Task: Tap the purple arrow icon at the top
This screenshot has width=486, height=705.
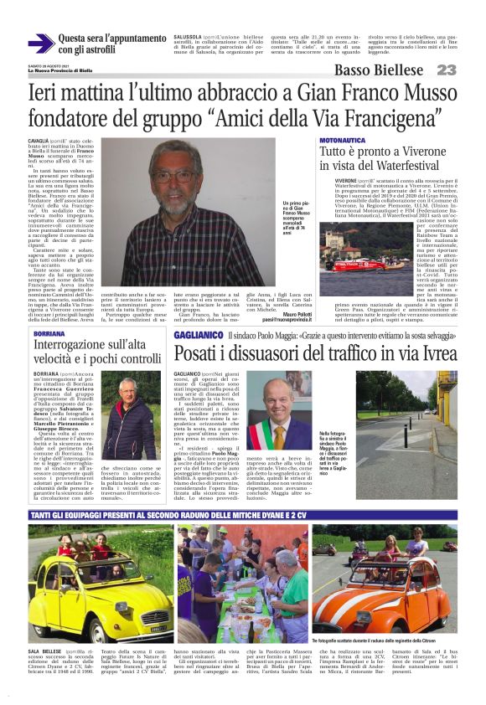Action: pyautogui.click(x=40, y=44)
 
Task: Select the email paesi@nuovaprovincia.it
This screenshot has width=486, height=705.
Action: pyautogui.click(x=290, y=319)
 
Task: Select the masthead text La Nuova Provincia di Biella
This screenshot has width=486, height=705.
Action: pyautogui.click(x=60, y=70)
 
